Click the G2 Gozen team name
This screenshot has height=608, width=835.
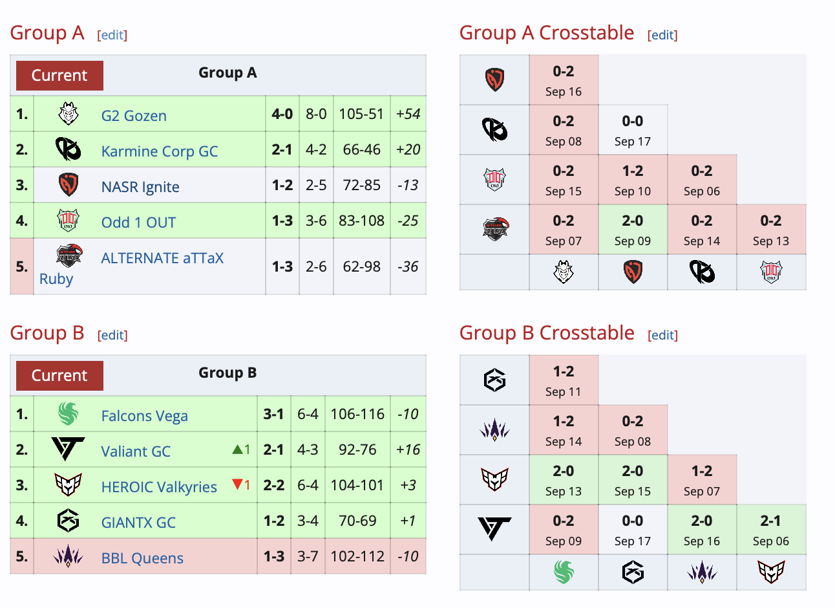[x=134, y=116]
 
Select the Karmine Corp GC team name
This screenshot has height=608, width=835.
[x=160, y=151]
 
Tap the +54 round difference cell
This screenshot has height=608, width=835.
[x=408, y=114]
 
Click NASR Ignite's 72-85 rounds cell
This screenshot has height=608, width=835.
[x=361, y=185]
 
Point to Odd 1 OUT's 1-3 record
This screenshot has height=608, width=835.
[x=282, y=221]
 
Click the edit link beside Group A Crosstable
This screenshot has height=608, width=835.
[x=662, y=35]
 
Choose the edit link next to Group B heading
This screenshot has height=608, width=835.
[x=112, y=335]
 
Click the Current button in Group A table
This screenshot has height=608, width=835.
[x=59, y=75]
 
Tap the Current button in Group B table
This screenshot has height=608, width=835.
[x=59, y=376]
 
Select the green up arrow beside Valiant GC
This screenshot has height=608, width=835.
[x=237, y=450]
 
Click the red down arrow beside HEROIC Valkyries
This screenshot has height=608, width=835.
[x=237, y=484]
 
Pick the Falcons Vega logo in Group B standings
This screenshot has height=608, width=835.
[x=69, y=414]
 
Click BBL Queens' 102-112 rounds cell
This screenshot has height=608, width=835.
[x=357, y=556]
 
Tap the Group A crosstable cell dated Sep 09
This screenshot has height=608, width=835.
[x=633, y=230]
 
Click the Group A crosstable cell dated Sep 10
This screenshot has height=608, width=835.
[x=633, y=180]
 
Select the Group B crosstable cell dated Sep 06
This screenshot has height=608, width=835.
[x=771, y=530]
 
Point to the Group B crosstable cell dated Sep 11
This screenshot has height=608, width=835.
[x=564, y=380]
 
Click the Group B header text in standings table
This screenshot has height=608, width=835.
[x=227, y=373]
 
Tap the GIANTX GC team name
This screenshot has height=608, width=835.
[x=138, y=522]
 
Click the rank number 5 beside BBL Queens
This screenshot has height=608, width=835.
[x=21, y=556]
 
